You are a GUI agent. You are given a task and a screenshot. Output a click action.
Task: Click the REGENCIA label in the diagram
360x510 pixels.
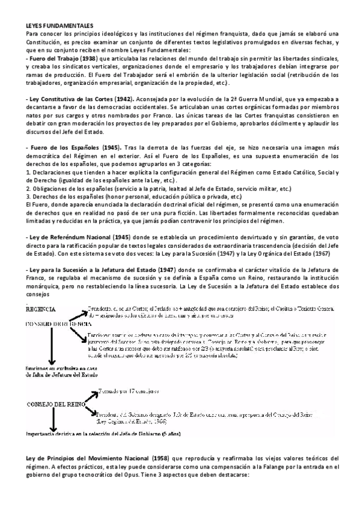pos(40,309)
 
